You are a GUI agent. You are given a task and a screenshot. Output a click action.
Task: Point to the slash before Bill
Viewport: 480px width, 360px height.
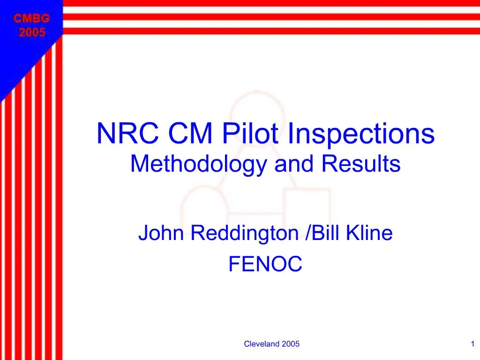coord(307,233)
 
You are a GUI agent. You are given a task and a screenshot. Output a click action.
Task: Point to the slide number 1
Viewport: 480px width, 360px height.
coord(472,344)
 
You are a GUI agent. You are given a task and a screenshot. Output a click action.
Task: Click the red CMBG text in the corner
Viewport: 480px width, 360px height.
coord(31,19)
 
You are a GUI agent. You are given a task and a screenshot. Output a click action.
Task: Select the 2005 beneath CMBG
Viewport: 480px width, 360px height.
coord(31,32)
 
